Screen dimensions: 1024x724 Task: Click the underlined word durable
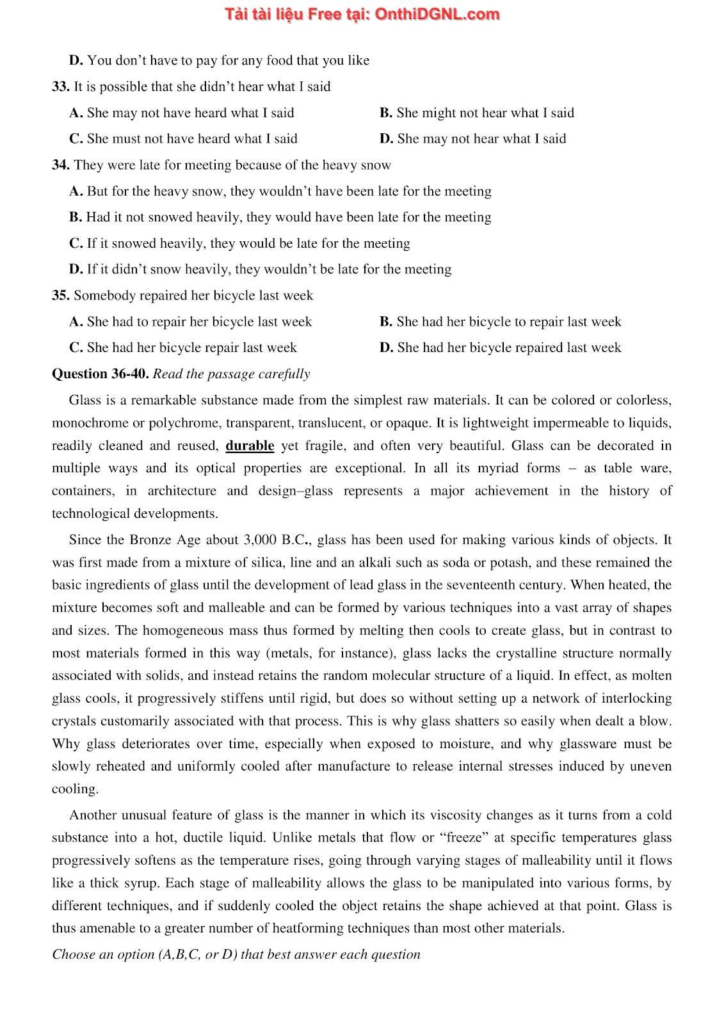click(x=250, y=446)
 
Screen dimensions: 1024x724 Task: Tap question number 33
click(x=61, y=87)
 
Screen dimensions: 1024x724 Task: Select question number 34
click(x=61, y=165)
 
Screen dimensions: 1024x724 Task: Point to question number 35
click(x=61, y=296)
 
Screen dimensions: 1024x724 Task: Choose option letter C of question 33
click(x=76, y=139)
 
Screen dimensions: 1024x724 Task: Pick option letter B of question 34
click(x=76, y=218)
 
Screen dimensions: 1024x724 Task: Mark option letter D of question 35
click(x=386, y=348)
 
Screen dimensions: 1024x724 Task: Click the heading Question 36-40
click(x=101, y=374)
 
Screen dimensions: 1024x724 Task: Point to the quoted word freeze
click(x=463, y=838)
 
